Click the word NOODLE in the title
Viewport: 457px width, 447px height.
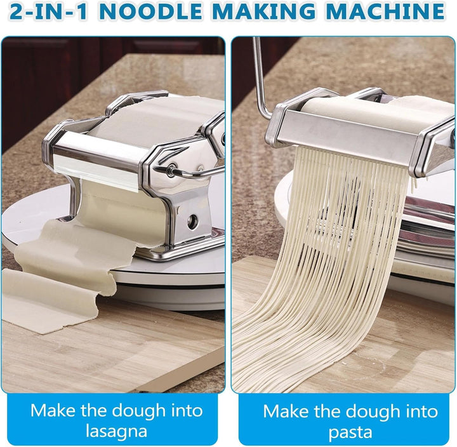(142, 12)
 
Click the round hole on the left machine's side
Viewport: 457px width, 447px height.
(190, 222)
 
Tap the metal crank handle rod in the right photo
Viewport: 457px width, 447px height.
(259, 76)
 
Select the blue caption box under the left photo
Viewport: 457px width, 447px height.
(116, 420)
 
